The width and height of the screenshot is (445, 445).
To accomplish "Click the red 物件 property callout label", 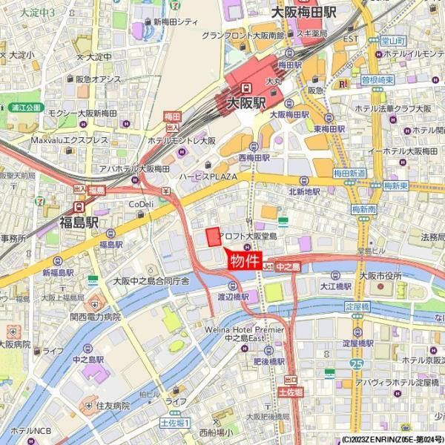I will [x=245, y=261].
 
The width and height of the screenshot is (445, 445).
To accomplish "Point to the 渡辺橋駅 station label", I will [x=232, y=297].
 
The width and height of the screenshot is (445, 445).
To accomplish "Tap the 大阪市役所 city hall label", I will [x=380, y=276].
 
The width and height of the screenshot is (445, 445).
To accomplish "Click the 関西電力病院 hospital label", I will [x=95, y=316].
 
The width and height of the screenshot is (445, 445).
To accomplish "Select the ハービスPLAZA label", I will [x=207, y=177].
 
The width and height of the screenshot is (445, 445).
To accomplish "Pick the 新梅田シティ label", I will [x=176, y=22].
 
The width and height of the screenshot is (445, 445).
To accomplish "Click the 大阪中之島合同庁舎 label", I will [x=151, y=281].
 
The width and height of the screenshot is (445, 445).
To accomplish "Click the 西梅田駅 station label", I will [x=254, y=157].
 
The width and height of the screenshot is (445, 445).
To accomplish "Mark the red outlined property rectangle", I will [x=213, y=237].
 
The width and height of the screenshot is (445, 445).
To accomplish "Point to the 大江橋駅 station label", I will [x=335, y=285].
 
